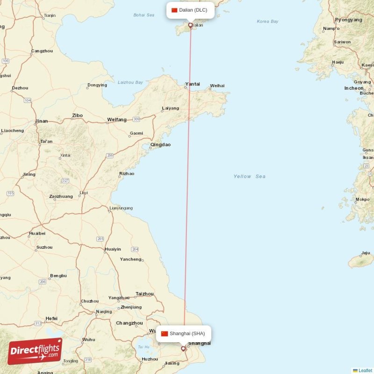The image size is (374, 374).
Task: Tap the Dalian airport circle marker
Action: point(190,25)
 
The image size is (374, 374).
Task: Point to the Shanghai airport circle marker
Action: point(183,348)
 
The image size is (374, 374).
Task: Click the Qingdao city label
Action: point(160,145)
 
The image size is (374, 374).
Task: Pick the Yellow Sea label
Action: point(249,176)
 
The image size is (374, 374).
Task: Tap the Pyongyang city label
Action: point(348,20)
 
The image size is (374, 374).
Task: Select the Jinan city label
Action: point(41,121)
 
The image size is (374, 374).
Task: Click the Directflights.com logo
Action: point(35,351)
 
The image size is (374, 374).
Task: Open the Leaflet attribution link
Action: point(365,370)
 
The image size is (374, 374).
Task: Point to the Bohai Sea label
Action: point(144,15)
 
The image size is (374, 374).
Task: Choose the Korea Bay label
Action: point(267,22)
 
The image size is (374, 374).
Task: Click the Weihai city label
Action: point(217,86)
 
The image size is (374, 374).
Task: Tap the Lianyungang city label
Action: point(121,208)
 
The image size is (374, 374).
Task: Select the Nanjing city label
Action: point(103,312)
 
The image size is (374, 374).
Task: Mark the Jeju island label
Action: point(365,253)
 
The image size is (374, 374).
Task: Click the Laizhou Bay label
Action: point(130,82)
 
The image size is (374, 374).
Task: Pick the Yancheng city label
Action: point(130,259)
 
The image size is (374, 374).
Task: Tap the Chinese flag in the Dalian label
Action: point(174,10)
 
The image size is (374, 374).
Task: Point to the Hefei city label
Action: point(51,318)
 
